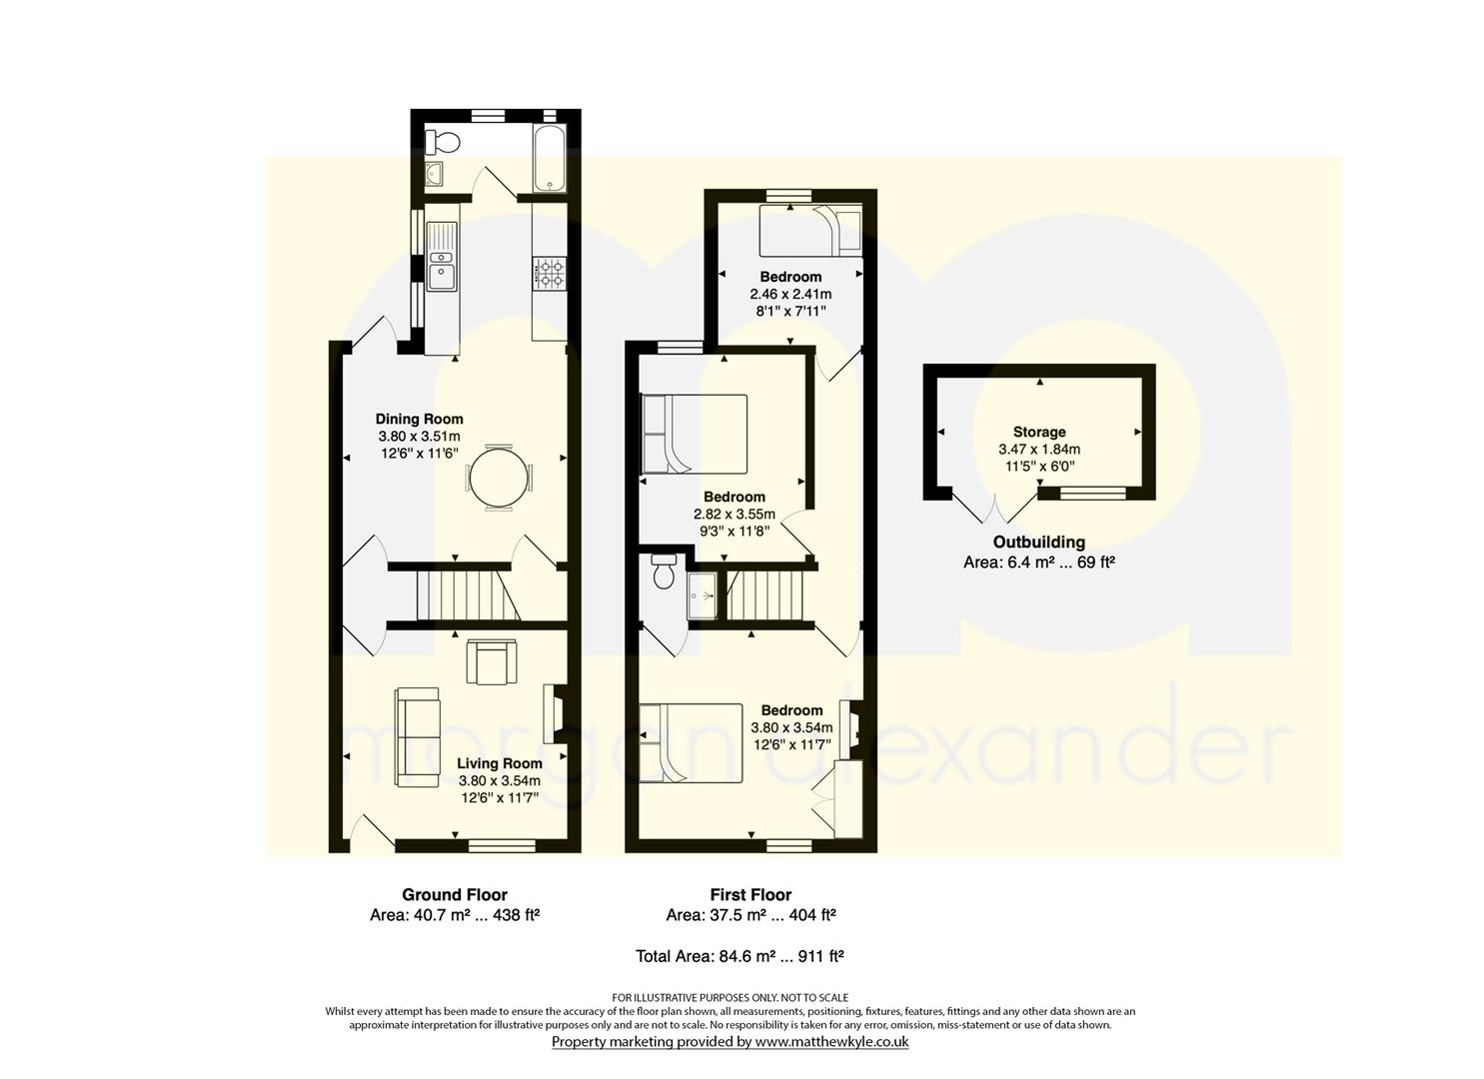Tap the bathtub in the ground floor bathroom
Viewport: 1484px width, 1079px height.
point(550,157)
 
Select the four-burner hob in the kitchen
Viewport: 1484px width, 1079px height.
point(551,273)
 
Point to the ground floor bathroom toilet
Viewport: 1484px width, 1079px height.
point(443,141)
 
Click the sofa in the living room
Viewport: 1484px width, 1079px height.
point(417,737)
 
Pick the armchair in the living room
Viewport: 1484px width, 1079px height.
point(491,661)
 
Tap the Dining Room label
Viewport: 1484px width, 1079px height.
point(419,419)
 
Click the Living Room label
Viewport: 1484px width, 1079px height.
point(500,763)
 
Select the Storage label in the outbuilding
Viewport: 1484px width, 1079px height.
point(1039,432)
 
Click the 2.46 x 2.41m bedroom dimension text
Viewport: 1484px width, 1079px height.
point(790,294)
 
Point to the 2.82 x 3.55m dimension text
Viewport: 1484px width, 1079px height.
point(735,514)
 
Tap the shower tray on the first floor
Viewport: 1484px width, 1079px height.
point(703,595)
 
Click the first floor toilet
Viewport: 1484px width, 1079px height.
point(664,570)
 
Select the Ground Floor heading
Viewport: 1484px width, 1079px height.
point(455,895)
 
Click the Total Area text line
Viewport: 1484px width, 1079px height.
point(740,956)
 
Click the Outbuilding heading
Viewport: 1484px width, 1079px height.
point(1039,541)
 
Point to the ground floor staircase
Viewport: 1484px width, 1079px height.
point(468,595)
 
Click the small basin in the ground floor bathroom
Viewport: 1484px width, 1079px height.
point(436,174)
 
